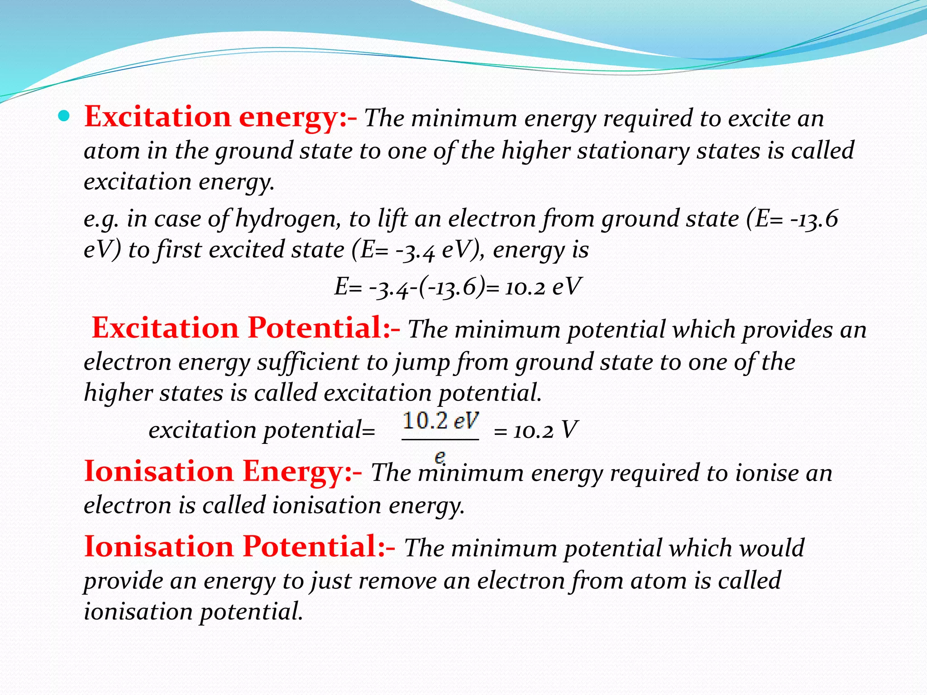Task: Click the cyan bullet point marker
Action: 64,117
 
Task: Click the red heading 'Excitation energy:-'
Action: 220,117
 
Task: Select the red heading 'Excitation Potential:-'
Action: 245,328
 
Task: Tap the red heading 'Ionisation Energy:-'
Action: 223,471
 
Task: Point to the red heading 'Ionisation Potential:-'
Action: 239,547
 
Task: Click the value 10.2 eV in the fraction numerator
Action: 440,421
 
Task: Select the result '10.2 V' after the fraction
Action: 545,430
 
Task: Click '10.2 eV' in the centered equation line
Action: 542,287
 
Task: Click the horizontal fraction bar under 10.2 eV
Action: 440,439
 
